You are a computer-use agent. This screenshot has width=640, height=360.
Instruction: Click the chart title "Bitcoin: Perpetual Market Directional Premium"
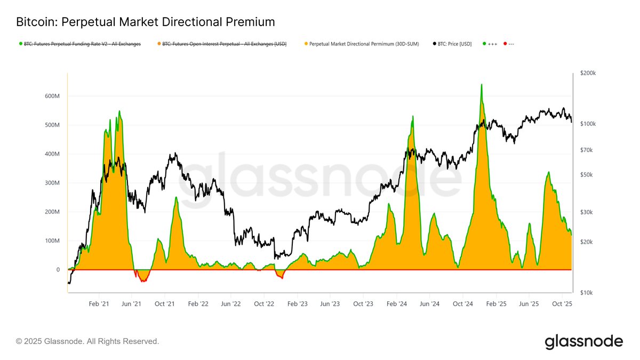(x=146, y=22)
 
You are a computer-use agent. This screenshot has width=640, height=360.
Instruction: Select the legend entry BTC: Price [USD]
(x=452, y=44)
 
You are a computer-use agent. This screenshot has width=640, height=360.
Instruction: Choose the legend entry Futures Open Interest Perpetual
(x=224, y=44)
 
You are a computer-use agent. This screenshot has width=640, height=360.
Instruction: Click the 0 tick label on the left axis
(x=58, y=270)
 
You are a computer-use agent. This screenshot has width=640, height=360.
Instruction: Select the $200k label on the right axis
(x=588, y=73)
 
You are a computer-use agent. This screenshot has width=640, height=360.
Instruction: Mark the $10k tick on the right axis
(x=587, y=293)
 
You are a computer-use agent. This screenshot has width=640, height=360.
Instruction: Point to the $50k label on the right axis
(x=587, y=175)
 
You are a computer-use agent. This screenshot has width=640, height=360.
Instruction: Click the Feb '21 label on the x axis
(x=99, y=303)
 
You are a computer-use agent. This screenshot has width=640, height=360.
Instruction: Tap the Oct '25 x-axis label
(x=562, y=303)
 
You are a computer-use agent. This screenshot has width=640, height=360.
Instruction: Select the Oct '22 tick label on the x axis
(x=264, y=303)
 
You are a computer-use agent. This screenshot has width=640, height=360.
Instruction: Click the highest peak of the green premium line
(x=482, y=84)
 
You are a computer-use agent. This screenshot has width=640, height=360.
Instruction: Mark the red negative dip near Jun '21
(x=142, y=280)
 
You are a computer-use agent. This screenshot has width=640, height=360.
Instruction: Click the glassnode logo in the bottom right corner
(x=583, y=341)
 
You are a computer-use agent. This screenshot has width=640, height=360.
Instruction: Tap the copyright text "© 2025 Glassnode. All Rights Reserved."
(x=87, y=341)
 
